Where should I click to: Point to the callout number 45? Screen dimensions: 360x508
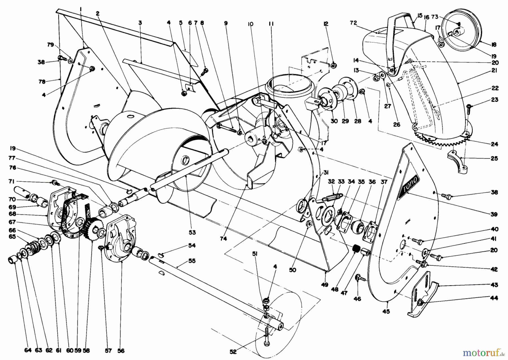386,311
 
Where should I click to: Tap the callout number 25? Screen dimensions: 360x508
493,158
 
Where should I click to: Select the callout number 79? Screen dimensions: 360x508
51,45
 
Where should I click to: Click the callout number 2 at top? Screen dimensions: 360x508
97,13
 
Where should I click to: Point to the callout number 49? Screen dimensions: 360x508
325,285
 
